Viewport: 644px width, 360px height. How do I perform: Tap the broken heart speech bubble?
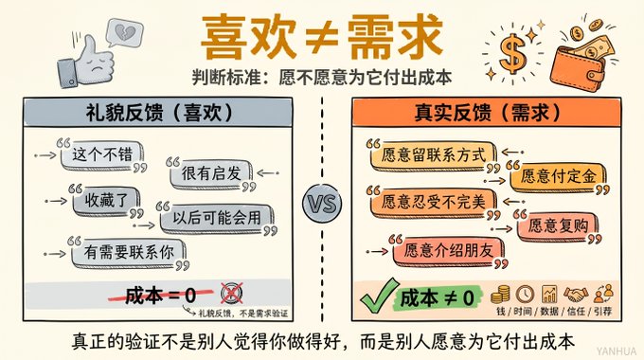(x=124, y=31)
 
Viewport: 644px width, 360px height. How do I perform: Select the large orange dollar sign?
(x=512, y=53)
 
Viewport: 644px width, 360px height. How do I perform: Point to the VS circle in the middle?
(x=322, y=204)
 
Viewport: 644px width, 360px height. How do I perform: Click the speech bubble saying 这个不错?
(x=102, y=155)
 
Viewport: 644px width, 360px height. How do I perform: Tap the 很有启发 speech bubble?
(x=211, y=173)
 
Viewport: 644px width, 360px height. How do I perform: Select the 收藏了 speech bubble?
(x=106, y=201)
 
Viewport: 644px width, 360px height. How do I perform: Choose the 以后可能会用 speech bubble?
(x=217, y=218)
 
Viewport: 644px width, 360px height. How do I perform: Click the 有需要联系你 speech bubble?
(x=129, y=252)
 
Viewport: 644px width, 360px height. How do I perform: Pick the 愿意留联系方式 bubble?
(x=433, y=155)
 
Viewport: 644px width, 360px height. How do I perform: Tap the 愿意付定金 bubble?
(x=558, y=177)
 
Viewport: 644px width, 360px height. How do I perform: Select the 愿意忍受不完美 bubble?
(x=433, y=202)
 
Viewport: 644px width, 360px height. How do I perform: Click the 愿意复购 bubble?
(x=558, y=225)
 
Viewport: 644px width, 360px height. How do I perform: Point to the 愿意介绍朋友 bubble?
(x=449, y=250)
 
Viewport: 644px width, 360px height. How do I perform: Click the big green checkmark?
(x=379, y=296)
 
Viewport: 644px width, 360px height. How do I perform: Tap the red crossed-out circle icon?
(x=232, y=294)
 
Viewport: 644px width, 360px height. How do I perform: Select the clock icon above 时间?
(x=525, y=295)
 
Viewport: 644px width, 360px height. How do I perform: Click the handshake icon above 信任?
(x=576, y=295)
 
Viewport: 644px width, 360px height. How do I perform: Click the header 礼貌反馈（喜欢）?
(x=158, y=113)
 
